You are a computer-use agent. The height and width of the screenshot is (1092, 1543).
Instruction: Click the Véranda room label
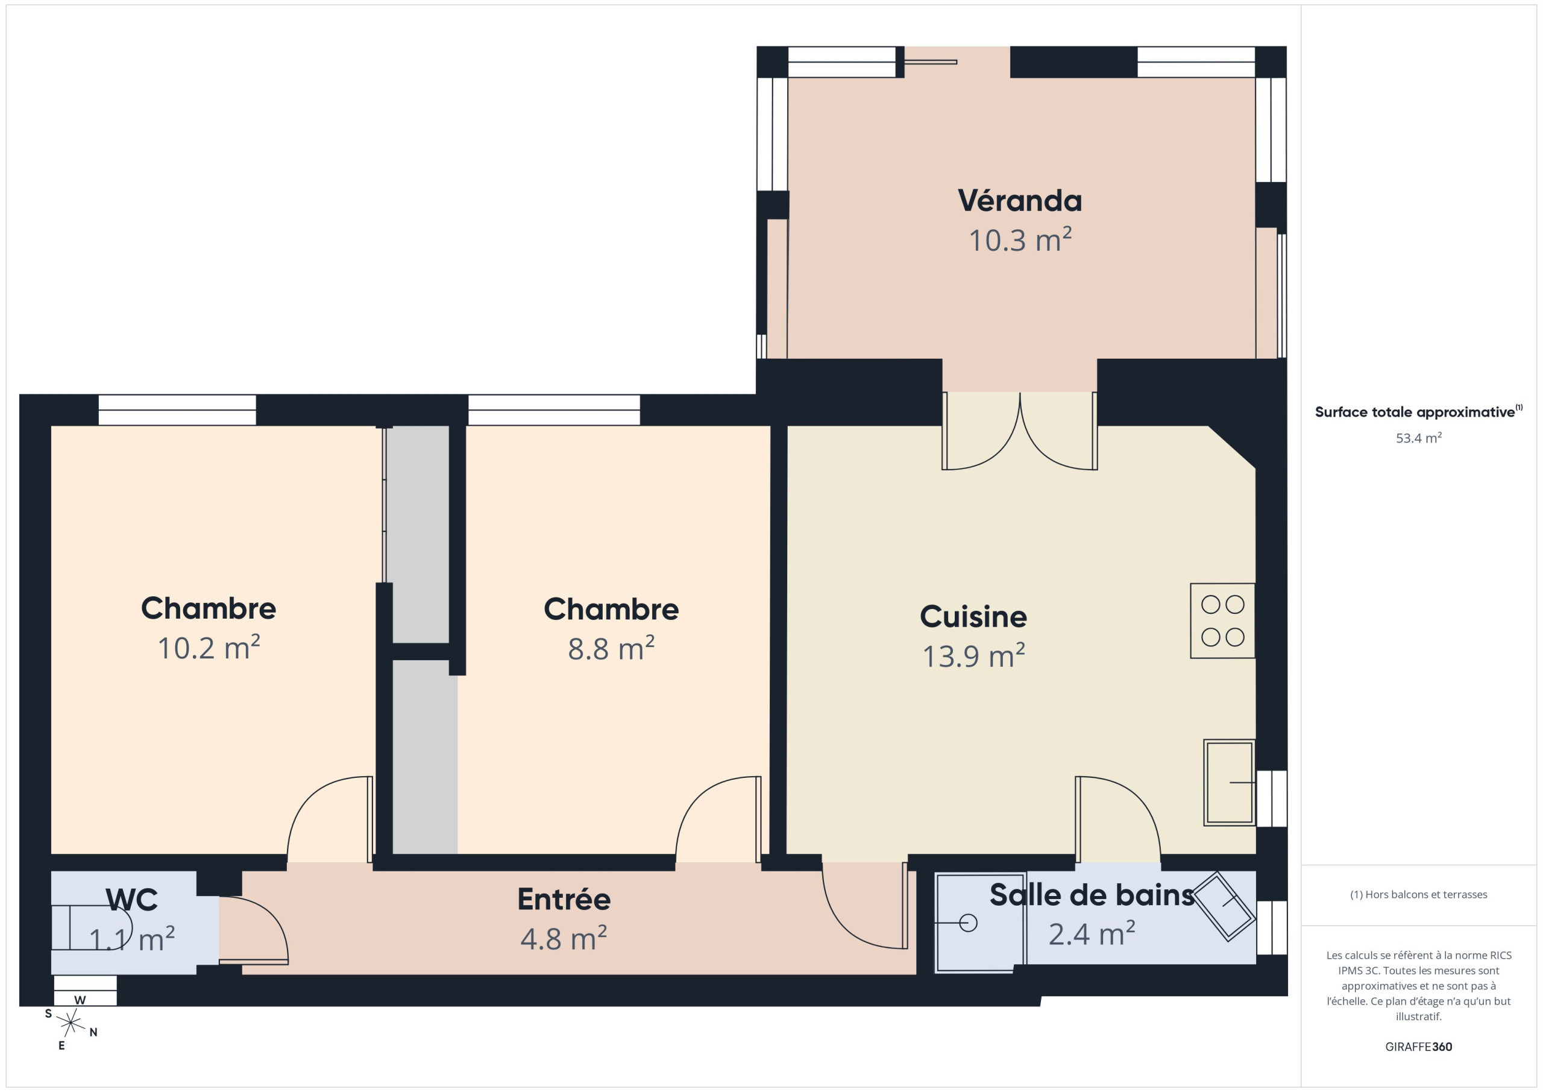[1019, 200]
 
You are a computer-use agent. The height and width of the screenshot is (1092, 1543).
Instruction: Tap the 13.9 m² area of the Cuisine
[973, 655]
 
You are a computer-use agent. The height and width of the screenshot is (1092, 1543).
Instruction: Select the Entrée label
[564, 899]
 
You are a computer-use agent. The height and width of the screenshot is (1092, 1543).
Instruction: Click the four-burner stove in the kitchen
[1222, 620]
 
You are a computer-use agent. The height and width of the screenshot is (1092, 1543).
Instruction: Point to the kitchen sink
[1228, 783]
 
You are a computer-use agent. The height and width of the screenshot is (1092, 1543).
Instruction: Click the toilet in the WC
[92, 927]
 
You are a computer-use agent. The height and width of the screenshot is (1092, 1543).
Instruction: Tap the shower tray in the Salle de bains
[980, 923]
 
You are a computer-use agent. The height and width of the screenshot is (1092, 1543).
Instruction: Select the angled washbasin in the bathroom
[1224, 906]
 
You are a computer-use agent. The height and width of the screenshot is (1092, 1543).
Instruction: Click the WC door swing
[254, 930]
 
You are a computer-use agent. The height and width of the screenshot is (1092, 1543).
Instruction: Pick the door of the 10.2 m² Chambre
[330, 819]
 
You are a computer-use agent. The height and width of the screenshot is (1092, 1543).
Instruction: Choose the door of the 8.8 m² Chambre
[718, 819]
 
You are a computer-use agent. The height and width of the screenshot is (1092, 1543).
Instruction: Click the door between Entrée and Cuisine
[865, 905]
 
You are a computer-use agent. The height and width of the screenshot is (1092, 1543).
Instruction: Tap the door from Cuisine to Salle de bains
[1117, 819]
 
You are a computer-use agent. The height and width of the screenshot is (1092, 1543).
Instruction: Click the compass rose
[71, 1023]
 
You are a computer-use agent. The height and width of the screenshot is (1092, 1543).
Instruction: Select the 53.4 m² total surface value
[1418, 438]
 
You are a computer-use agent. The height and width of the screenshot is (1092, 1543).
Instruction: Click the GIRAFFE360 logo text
[1418, 1046]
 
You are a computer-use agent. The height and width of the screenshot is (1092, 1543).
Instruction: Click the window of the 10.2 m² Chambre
[177, 409]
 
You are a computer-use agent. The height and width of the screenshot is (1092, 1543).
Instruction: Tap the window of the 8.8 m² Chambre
[554, 409]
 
